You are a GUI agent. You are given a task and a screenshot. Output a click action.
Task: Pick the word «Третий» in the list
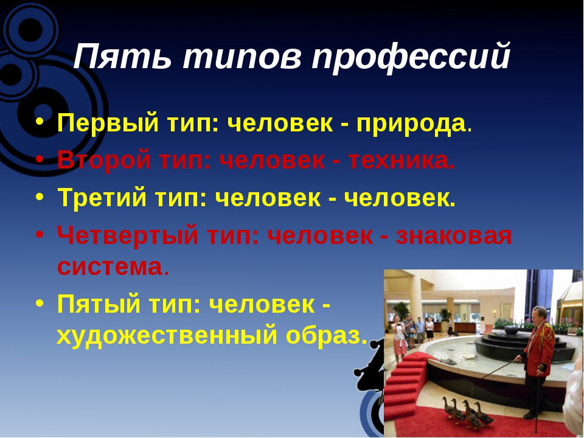[102, 196]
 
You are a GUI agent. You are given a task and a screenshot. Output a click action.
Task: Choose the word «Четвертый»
[127, 236]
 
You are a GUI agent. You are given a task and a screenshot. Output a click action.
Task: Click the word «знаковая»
[453, 236]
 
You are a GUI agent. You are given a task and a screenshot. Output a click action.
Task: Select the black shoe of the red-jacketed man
[530, 415]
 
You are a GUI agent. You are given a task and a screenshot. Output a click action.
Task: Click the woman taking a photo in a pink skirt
[399, 337]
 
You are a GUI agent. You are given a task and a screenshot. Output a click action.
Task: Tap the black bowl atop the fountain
[512, 329]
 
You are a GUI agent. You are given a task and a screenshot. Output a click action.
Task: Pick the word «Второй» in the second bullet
[104, 160]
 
